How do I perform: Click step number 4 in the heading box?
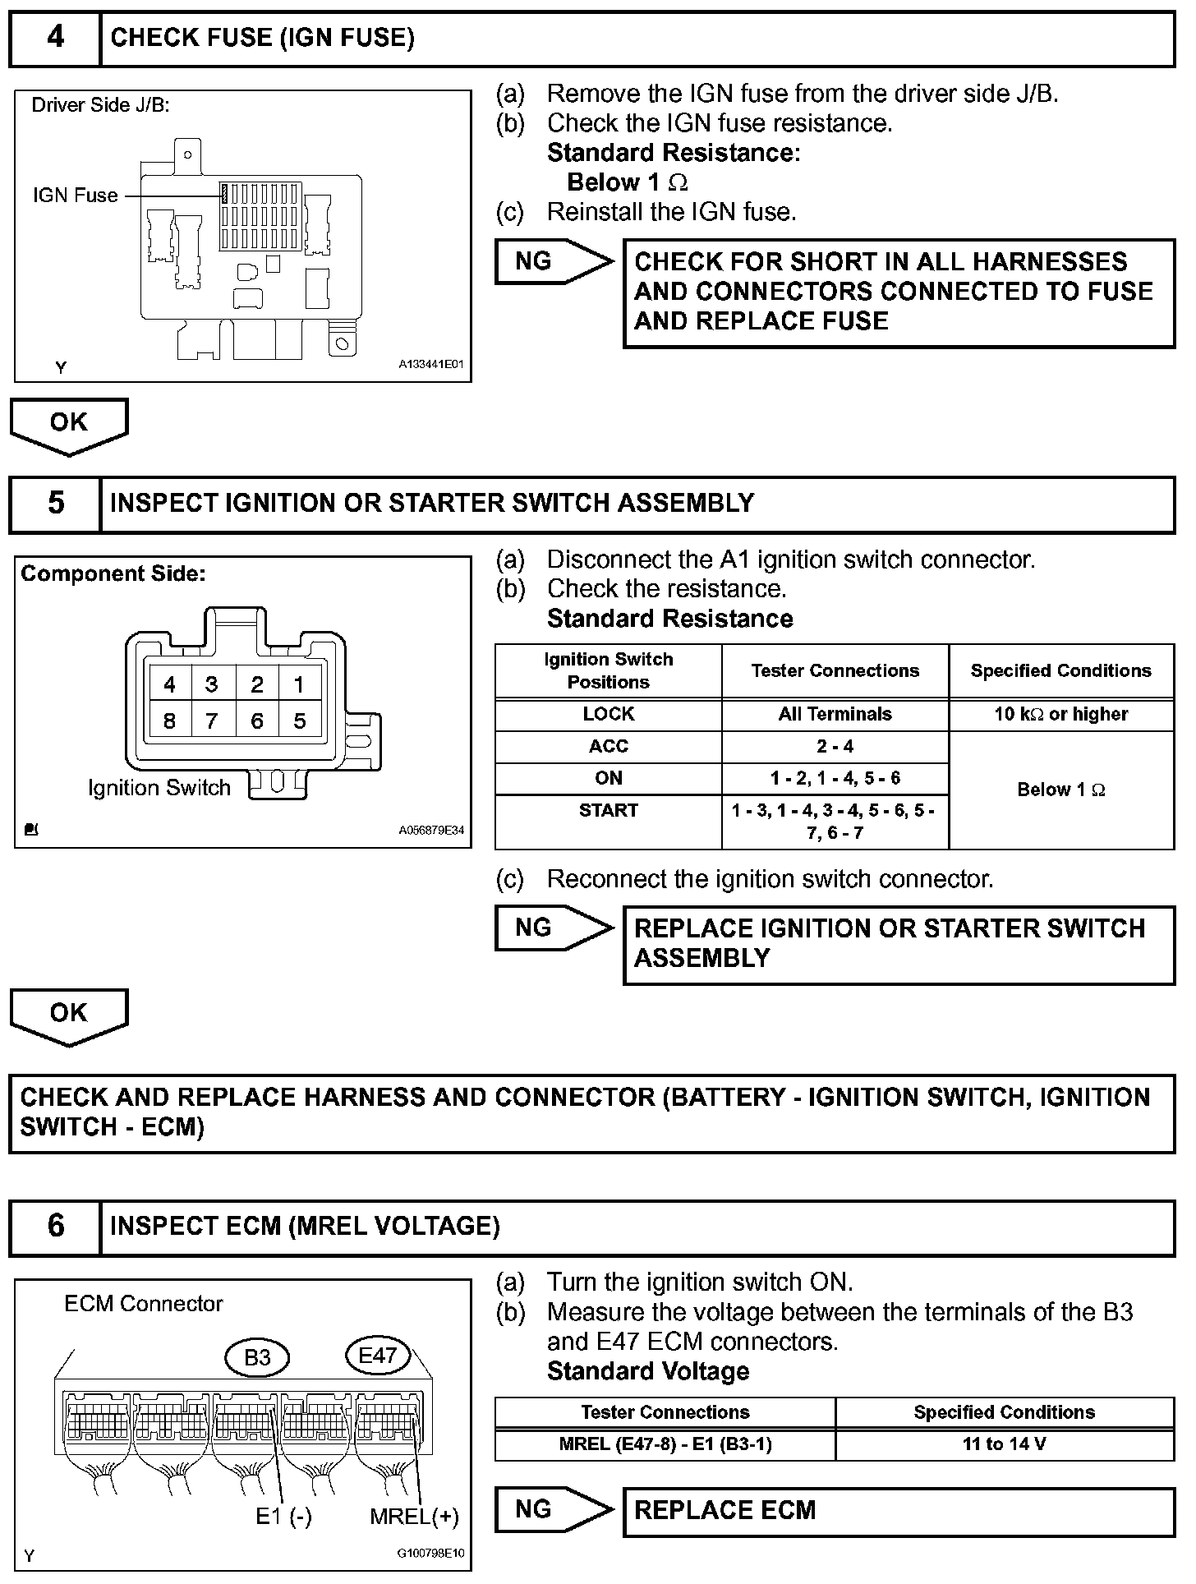click(55, 38)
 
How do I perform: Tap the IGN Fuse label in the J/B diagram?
click(75, 196)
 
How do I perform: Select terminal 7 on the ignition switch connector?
click(212, 721)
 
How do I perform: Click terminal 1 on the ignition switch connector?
click(299, 684)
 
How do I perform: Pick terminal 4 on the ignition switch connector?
click(169, 684)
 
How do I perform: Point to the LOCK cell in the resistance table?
click(608, 714)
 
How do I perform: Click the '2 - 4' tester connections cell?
click(835, 746)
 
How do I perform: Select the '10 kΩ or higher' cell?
click(1061, 714)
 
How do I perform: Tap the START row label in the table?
click(608, 811)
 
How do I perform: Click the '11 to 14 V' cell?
click(1004, 1444)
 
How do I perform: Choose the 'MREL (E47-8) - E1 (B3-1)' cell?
click(665, 1444)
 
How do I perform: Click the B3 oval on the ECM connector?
click(257, 1357)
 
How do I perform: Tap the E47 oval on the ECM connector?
click(378, 1356)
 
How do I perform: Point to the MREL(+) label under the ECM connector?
click(414, 1517)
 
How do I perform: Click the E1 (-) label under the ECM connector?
click(283, 1517)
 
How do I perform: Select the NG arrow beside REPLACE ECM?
click(554, 1509)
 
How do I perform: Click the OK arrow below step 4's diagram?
click(69, 424)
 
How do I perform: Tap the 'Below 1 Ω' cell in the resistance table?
click(1061, 790)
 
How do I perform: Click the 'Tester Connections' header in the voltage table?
click(665, 1412)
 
